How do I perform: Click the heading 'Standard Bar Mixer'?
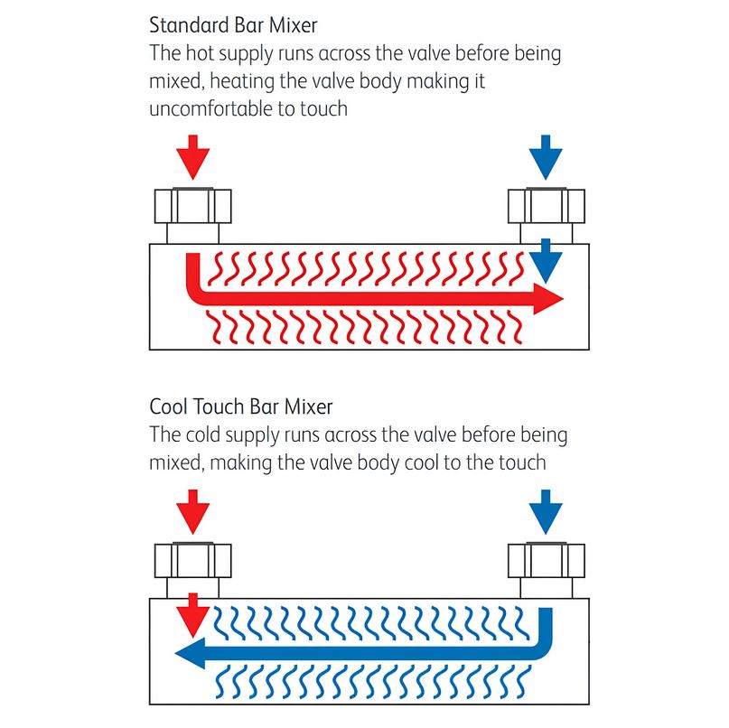point(233,25)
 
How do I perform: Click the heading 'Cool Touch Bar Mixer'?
point(241,406)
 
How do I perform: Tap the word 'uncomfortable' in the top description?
point(211,108)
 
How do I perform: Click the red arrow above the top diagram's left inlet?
point(193,157)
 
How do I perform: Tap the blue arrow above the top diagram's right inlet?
point(546,157)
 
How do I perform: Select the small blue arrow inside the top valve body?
point(546,261)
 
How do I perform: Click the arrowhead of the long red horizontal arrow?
point(548,299)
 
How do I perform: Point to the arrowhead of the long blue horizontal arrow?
point(190,653)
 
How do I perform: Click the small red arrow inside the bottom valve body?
point(193,615)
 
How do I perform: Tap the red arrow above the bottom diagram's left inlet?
point(193,511)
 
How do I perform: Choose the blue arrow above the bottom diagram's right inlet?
point(546,511)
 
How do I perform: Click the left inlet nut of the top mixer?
point(193,205)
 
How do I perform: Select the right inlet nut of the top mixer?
point(547,205)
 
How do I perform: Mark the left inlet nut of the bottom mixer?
point(193,560)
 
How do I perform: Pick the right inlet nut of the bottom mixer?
point(547,560)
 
